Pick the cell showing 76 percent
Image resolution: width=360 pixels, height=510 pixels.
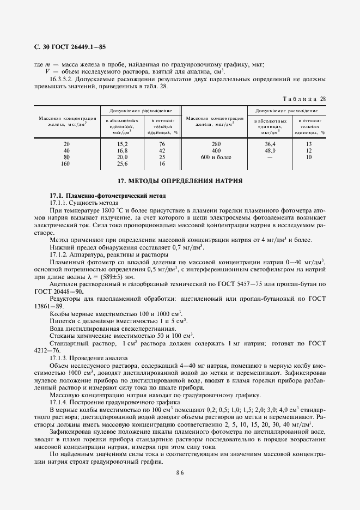click(162, 143)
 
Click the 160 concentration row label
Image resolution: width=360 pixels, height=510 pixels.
click(67, 163)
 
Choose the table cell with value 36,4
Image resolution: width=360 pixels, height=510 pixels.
click(270, 143)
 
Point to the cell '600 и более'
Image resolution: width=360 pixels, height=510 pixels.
click(216, 157)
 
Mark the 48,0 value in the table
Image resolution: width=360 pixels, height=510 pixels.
click(270, 150)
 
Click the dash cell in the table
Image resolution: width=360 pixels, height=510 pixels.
click(270, 157)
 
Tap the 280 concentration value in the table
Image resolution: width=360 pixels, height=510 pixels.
click(216, 143)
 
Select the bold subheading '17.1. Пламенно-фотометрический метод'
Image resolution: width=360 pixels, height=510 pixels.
click(107, 195)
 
